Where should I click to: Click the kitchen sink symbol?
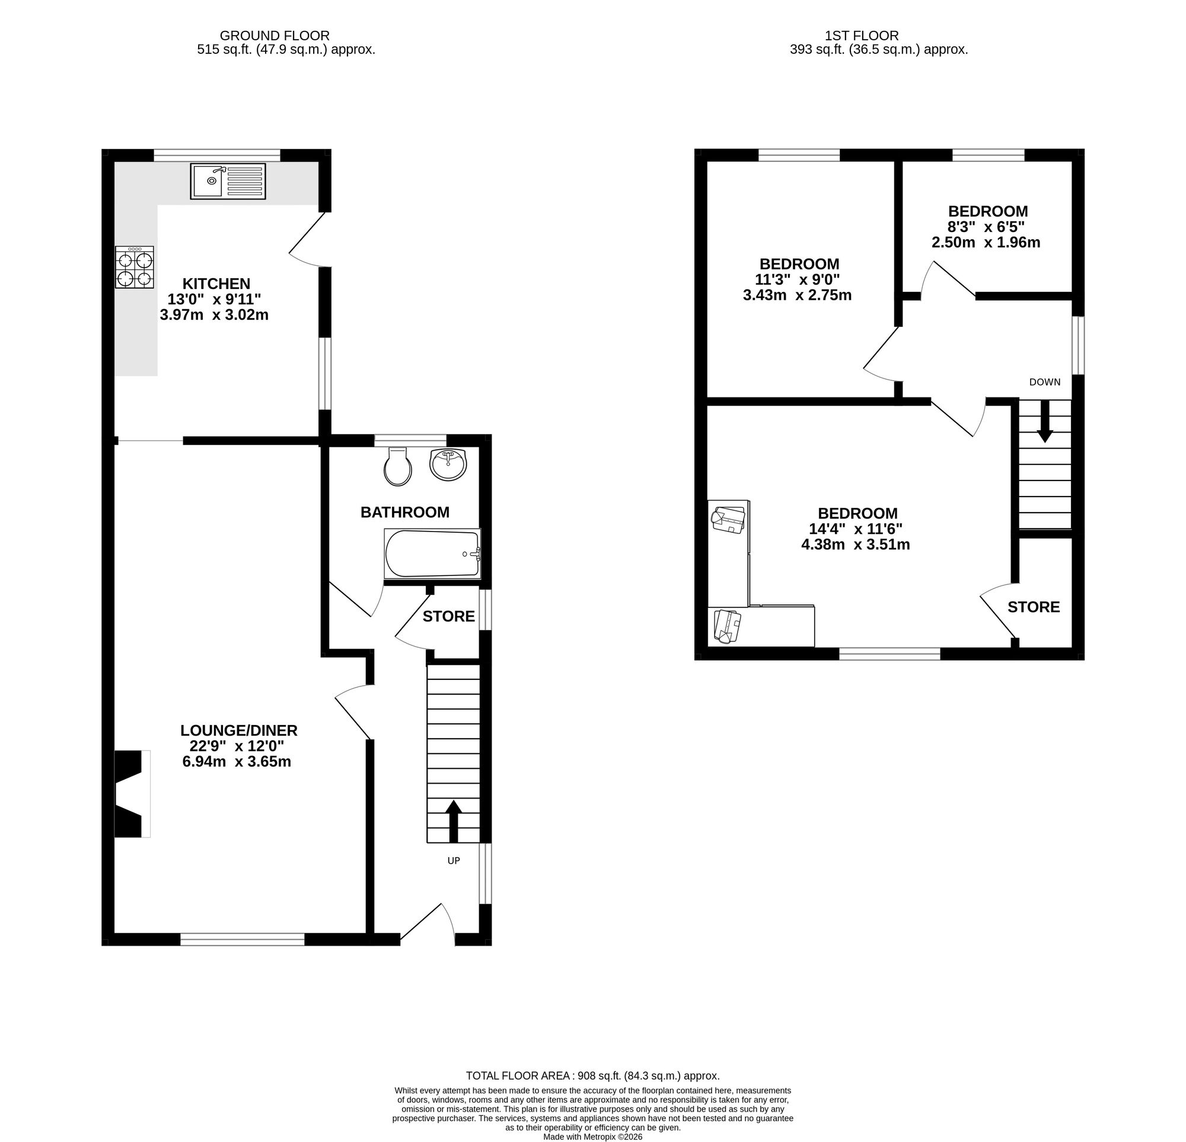pyautogui.click(x=228, y=181)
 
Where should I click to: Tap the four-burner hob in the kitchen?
pyautogui.click(x=135, y=268)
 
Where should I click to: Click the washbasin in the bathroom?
pyautogui.click(x=448, y=464)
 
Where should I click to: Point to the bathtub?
pyautogui.click(x=432, y=553)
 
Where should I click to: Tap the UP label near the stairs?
pyautogui.click(x=453, y=861)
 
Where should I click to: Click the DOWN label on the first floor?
pyautogui.click(x=1044, y=382)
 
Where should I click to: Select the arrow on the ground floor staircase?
pyautogui.click(x=453, y=820)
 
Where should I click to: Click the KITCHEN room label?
pyautogui.click(x=216, y=283)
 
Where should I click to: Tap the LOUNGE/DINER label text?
pyautogui.click(x=239, y=730)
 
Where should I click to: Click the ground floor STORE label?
pyautogui.click(x=448, y=616)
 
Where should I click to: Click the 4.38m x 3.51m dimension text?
pyautogui.click(x=855, y=544)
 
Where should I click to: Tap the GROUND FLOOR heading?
pyautogui.click(x=274, y=36)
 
